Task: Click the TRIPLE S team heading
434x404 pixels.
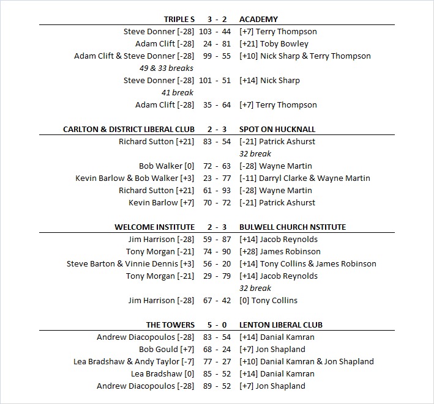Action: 179,19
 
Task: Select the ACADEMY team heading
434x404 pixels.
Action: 258,19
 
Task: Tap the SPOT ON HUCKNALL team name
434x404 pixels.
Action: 278,129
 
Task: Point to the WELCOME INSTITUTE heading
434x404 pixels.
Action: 154,227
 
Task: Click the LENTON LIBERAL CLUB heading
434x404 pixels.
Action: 281,325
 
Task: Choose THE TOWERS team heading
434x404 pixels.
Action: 170,325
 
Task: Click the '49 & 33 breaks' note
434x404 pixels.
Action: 166,68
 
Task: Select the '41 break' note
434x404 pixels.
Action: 178,92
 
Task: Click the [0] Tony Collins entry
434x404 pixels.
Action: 268,300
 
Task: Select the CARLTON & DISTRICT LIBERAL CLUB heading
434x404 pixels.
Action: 129,129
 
